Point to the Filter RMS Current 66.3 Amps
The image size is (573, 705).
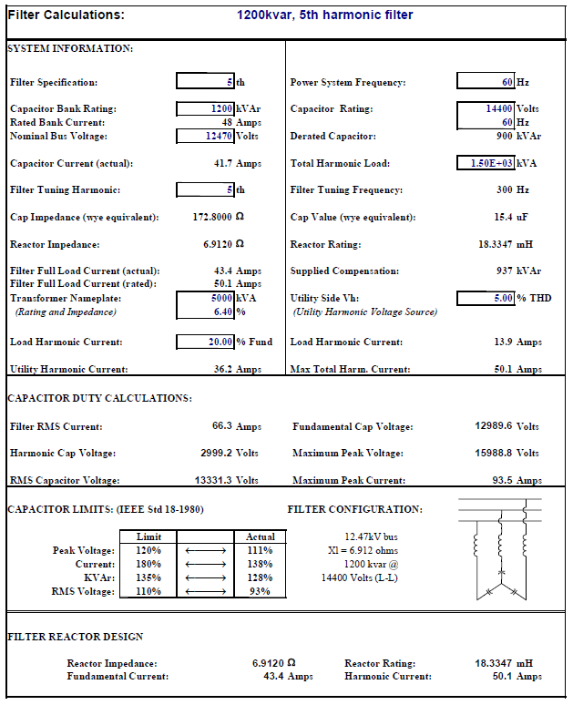(x=237, y=426)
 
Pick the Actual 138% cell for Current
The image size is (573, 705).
(x=260, y=565)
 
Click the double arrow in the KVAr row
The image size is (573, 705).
(x=204, y=578)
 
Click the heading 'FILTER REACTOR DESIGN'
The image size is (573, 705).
(x=76, y=637)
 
